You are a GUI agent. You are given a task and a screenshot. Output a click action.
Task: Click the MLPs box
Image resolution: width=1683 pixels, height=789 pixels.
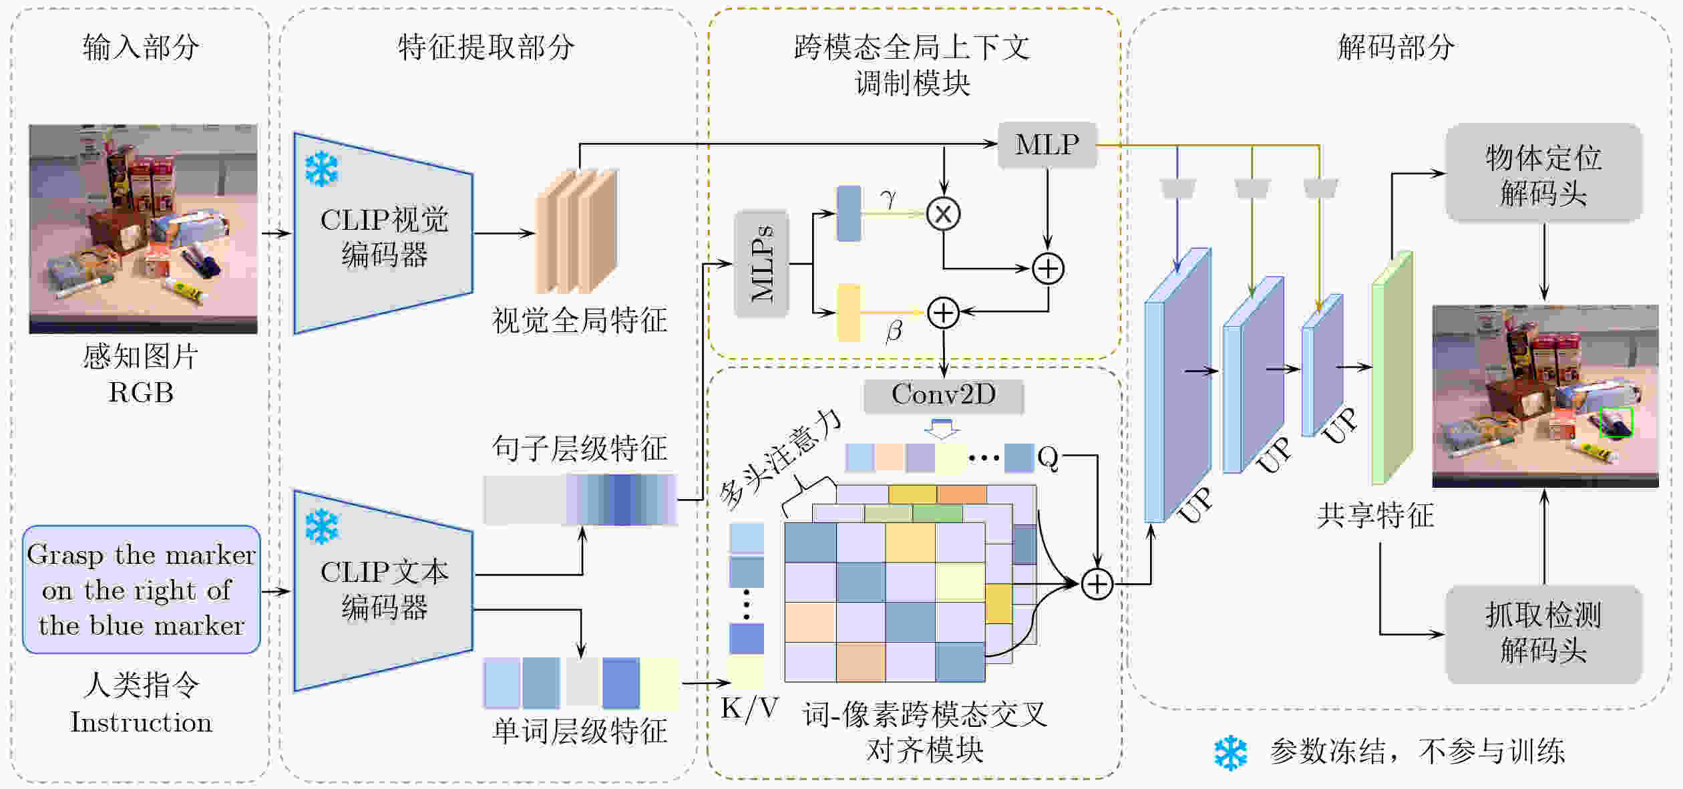(761, 264)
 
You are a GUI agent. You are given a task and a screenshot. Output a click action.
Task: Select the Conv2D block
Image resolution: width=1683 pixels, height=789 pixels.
(944, 396)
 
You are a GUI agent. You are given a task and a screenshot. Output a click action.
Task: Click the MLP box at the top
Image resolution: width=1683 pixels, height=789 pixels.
(1047, 144)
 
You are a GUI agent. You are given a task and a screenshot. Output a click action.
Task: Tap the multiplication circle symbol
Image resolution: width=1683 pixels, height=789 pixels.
(943, 214)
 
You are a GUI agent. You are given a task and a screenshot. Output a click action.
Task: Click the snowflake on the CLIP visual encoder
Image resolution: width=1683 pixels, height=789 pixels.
(321, 168)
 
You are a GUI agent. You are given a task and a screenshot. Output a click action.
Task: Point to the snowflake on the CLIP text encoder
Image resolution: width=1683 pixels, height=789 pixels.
(321, 526)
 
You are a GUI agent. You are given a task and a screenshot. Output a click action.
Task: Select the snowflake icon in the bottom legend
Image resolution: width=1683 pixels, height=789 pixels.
(1230, 754)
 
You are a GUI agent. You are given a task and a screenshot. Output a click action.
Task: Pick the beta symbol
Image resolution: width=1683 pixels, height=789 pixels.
(894, 330)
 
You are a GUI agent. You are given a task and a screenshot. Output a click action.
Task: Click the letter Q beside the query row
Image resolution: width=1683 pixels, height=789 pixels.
(1048, 458)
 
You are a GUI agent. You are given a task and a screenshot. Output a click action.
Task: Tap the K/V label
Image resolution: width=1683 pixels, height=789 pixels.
(750, 707)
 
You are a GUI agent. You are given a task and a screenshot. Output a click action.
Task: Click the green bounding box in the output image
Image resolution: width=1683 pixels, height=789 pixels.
(1616, 423)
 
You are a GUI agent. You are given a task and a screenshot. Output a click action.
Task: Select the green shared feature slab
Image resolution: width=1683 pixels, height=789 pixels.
(1392, 367)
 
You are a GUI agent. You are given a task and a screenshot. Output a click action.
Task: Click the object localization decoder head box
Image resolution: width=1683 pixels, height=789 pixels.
(1543, 172)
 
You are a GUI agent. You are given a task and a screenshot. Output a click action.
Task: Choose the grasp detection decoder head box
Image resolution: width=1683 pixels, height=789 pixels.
(1543, 634)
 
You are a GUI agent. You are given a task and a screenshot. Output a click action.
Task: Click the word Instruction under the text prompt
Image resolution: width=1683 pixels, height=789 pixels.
(142, 722)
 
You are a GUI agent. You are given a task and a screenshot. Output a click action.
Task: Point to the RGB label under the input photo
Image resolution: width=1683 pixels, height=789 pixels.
(141, 393)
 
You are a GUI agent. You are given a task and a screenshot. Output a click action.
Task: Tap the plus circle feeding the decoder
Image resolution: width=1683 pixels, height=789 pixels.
(1097, 584)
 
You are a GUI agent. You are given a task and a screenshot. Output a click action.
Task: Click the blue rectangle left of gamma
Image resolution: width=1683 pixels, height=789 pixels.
(849, 213)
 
